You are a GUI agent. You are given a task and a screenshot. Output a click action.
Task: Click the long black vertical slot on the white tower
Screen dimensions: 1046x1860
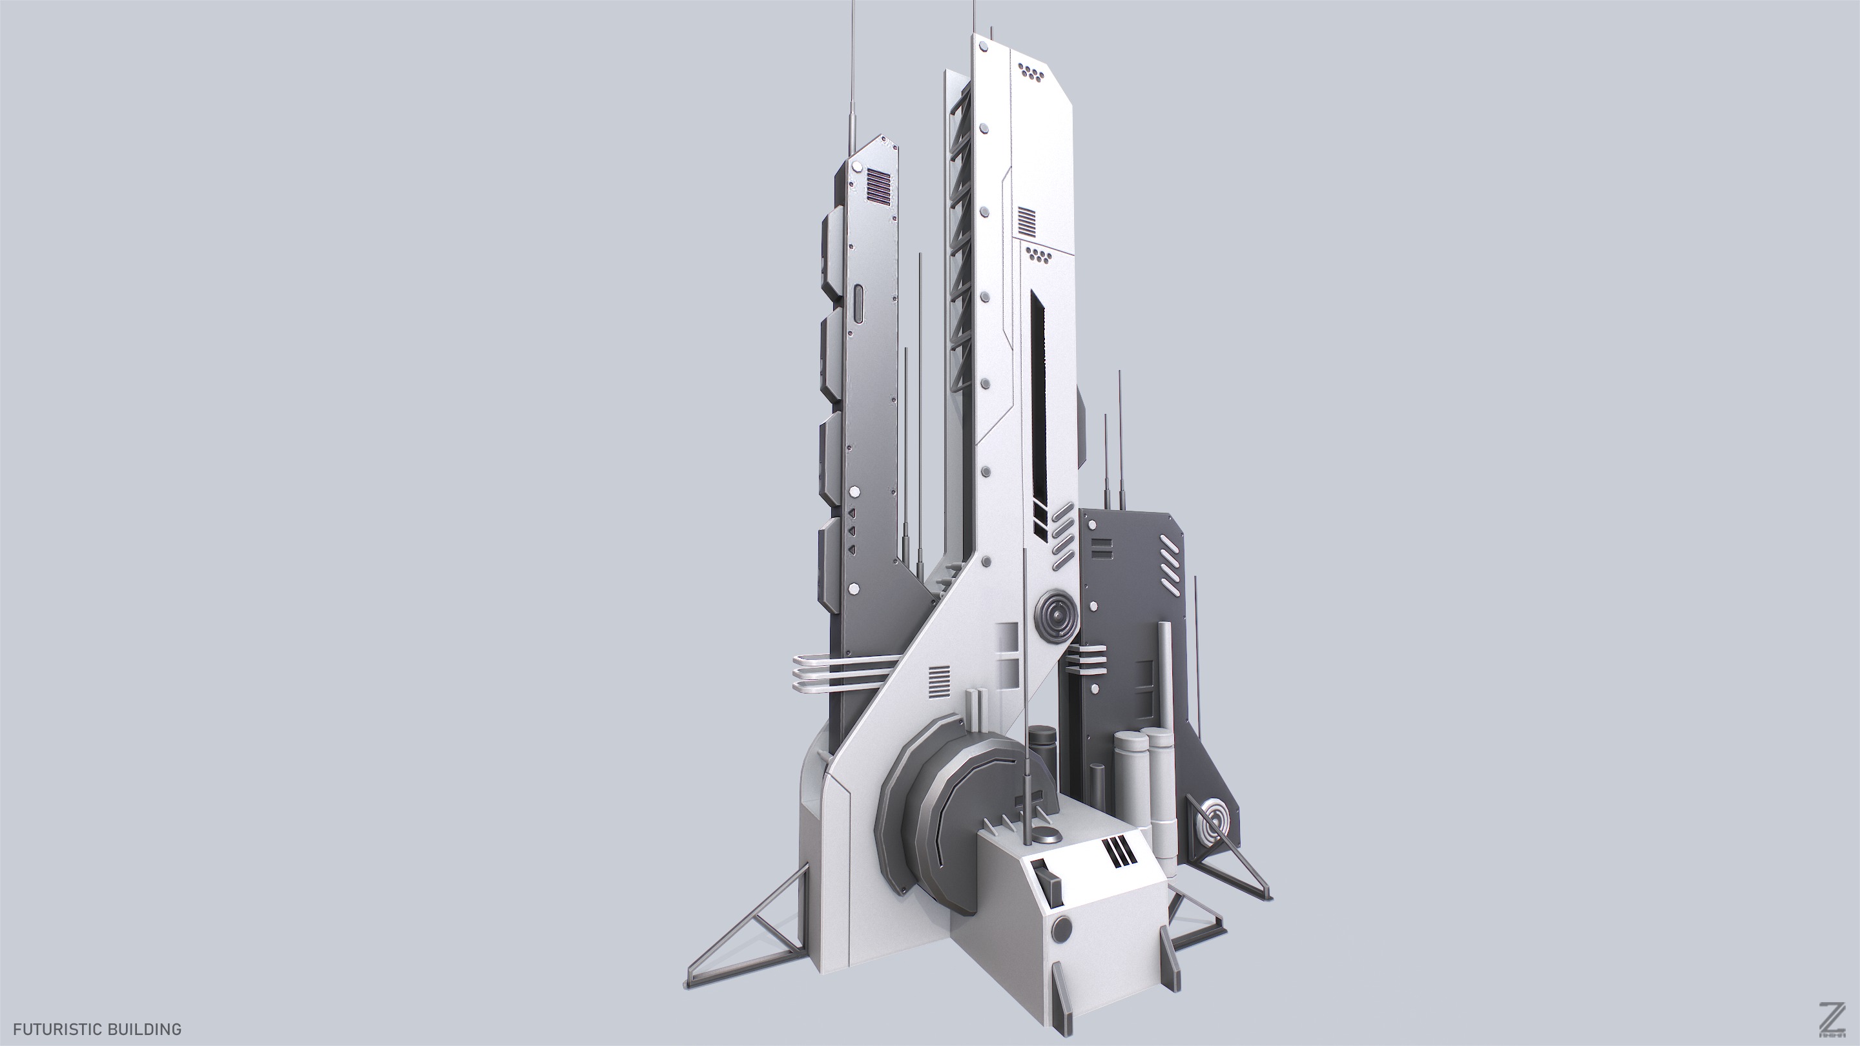1038,404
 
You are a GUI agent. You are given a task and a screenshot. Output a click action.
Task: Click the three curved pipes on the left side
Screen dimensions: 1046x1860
831,673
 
